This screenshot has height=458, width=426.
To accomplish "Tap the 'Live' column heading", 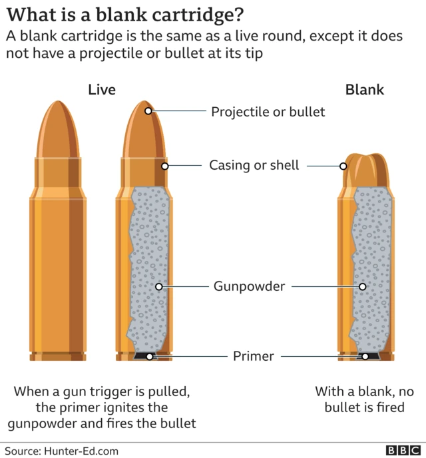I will pos(102,90).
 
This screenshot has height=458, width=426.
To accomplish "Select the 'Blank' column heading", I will pos(364,90).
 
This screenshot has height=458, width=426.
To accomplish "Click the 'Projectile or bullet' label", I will pos(268,111).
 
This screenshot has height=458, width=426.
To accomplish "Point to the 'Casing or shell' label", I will pos(254,165).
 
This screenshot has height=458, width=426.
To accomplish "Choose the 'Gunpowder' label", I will pos(249,287).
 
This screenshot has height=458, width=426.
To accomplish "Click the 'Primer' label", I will pos(253,356).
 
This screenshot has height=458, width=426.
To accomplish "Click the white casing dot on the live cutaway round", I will pos(165,165).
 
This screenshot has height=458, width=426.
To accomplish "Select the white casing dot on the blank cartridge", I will pos(344,166).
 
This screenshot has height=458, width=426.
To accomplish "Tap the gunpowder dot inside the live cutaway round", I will pos(159,287).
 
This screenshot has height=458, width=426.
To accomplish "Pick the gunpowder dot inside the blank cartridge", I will pos(363,287).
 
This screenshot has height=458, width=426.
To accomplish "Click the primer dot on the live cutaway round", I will pos(149,356).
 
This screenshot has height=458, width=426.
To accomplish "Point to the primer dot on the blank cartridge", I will pos(365,356).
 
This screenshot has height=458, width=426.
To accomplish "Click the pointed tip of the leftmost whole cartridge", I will pos(58,105).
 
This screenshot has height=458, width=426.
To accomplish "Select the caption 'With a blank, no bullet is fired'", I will pos(364,399).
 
